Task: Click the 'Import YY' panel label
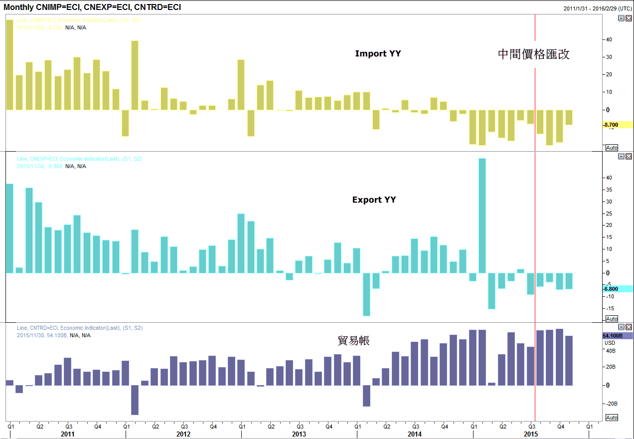(x=378, y=54)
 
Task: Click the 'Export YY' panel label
(x=374, y=200)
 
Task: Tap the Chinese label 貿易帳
(x=353, y=341)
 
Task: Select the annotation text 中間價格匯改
(x=533, y=54)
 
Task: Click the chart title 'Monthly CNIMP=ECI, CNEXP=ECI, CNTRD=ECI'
(x=92, y=7)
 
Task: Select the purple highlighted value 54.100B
(x=613, y=336)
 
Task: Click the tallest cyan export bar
(x=482, y=215)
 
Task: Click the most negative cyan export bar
(x=366, y=294)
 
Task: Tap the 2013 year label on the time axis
(x=299, y=435)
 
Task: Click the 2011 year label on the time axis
(x=68, y=435)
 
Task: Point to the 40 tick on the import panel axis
(x=609, y=39)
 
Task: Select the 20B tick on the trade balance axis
(x=610, y=367)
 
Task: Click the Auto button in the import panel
(x=611, y=148)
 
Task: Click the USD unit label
(x=610, y=343)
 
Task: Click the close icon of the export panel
(x=629, y=157)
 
